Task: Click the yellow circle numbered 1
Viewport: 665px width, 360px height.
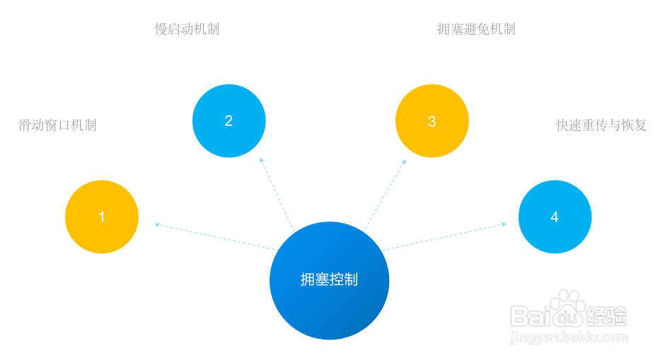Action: tap(102, 217)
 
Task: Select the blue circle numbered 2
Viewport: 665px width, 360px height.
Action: tap(229, 121)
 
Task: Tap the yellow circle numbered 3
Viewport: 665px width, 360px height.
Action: tap(432, 121)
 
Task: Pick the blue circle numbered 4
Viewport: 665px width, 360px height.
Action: tap(555, 217)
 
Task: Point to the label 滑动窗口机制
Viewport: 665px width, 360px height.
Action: tap(57, 125)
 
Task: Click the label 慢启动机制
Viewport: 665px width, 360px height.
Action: tap(187, 29)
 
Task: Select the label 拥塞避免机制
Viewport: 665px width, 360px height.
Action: tap(475, 29)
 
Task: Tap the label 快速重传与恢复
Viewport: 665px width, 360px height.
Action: tap(601, 125)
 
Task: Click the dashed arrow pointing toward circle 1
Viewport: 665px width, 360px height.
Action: tap(212, 236)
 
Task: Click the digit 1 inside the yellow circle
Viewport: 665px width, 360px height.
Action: tap(102, 217)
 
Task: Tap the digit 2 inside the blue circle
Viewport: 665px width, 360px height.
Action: tap(229, 121)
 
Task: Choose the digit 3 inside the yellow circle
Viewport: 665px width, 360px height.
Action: tap(432, 121)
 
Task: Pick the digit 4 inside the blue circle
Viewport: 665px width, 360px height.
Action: tap(555, 217)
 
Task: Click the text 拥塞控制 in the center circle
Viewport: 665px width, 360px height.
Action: tap(329, 279)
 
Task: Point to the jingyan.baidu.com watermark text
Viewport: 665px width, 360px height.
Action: tap(569, 337)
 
